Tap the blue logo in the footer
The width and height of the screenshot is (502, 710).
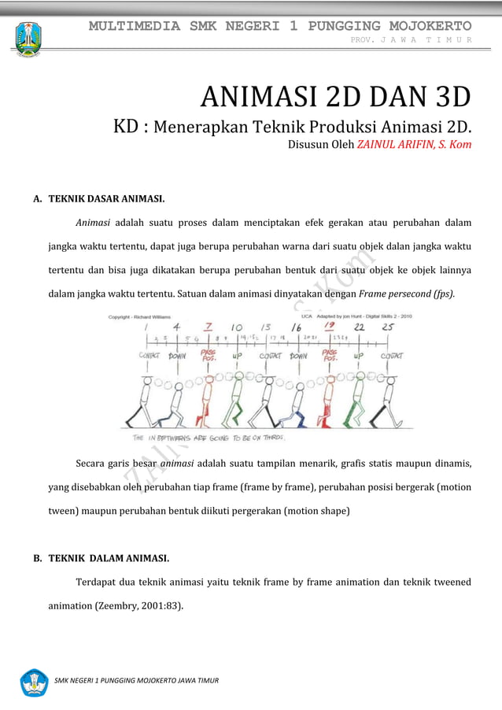click(34, 682)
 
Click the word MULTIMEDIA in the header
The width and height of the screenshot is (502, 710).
click(135, 25)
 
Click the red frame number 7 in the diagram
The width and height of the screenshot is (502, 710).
click(209, 327)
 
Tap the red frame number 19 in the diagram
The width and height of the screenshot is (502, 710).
click(330, 327)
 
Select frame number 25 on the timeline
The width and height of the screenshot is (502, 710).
click(388, 327)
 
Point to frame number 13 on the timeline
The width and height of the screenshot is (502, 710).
click(267, 327)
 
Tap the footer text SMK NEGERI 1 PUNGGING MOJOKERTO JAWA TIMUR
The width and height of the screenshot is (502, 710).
click(136, 679)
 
